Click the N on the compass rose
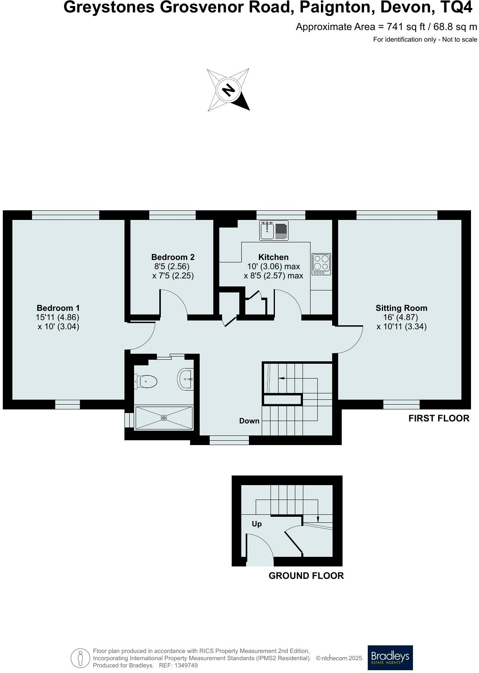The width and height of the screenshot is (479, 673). pos(228,90)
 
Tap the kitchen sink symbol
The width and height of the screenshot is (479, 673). pos(267,230)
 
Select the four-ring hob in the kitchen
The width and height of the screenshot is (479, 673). pos(321,264)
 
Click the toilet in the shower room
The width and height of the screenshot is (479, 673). pos(146,381)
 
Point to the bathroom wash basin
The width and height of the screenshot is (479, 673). pos(186,379)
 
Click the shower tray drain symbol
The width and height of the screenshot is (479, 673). pos(164,418)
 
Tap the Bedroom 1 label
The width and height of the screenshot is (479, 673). pos(58,308)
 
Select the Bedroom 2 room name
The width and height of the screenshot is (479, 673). pos(172,257)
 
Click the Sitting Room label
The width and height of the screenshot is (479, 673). pos(401,308)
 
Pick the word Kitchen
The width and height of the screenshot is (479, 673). pos(273,257)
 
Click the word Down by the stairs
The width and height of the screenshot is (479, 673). pos(249,421)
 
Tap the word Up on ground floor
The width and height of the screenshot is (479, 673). pos(257,524)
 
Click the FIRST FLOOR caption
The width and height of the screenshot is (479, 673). pos(439,418)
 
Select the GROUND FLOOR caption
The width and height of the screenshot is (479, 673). pos(306,576)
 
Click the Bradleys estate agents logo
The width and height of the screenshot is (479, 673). pos(390,657)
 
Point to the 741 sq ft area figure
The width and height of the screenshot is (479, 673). pos(401,27)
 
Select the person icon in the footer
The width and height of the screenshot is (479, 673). pos(80,658)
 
